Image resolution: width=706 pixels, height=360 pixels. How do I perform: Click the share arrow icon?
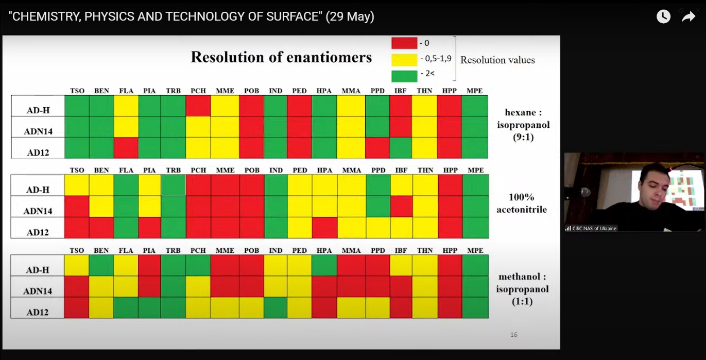(x=688, y=16)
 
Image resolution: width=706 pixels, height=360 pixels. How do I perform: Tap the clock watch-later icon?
(x=663, y=16)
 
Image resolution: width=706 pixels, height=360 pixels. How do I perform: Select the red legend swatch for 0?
(x=404, y=43)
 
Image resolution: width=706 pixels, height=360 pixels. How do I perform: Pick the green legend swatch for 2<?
(x=404, y=76)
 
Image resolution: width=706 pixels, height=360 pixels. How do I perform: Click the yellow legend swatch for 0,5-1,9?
(x=404, y=60)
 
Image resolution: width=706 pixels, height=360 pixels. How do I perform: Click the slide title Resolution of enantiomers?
(x=281, y=57)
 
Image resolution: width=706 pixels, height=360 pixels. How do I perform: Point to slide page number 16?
(x=514, y=334)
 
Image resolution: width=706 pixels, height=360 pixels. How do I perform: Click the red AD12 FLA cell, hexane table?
(x=126, y=147)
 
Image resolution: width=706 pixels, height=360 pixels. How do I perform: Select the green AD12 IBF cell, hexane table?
(x=401, y=147)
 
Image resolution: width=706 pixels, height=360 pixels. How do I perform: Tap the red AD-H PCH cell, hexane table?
(x=198, y=106)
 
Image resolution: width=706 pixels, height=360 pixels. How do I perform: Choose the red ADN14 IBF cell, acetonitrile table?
(x=402, y=207)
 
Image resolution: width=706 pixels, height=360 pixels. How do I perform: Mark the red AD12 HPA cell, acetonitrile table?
(x=324, y=228)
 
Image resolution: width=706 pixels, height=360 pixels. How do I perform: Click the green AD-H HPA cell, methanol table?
(x=324, y=265)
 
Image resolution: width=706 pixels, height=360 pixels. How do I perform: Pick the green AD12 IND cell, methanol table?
(x=275, y=307)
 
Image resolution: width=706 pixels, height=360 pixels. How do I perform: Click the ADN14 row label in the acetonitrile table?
(x=38, y=211)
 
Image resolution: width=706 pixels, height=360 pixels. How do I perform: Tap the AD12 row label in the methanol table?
(x=38, y=312)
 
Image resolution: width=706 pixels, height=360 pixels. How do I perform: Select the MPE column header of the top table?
(x=474, y=91)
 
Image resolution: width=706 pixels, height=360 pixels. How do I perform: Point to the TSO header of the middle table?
(x=77, y=170)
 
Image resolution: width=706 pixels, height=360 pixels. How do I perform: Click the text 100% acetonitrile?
(x=521, y=203)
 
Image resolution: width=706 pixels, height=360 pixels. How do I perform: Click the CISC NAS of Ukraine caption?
(x=594, y=228)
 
